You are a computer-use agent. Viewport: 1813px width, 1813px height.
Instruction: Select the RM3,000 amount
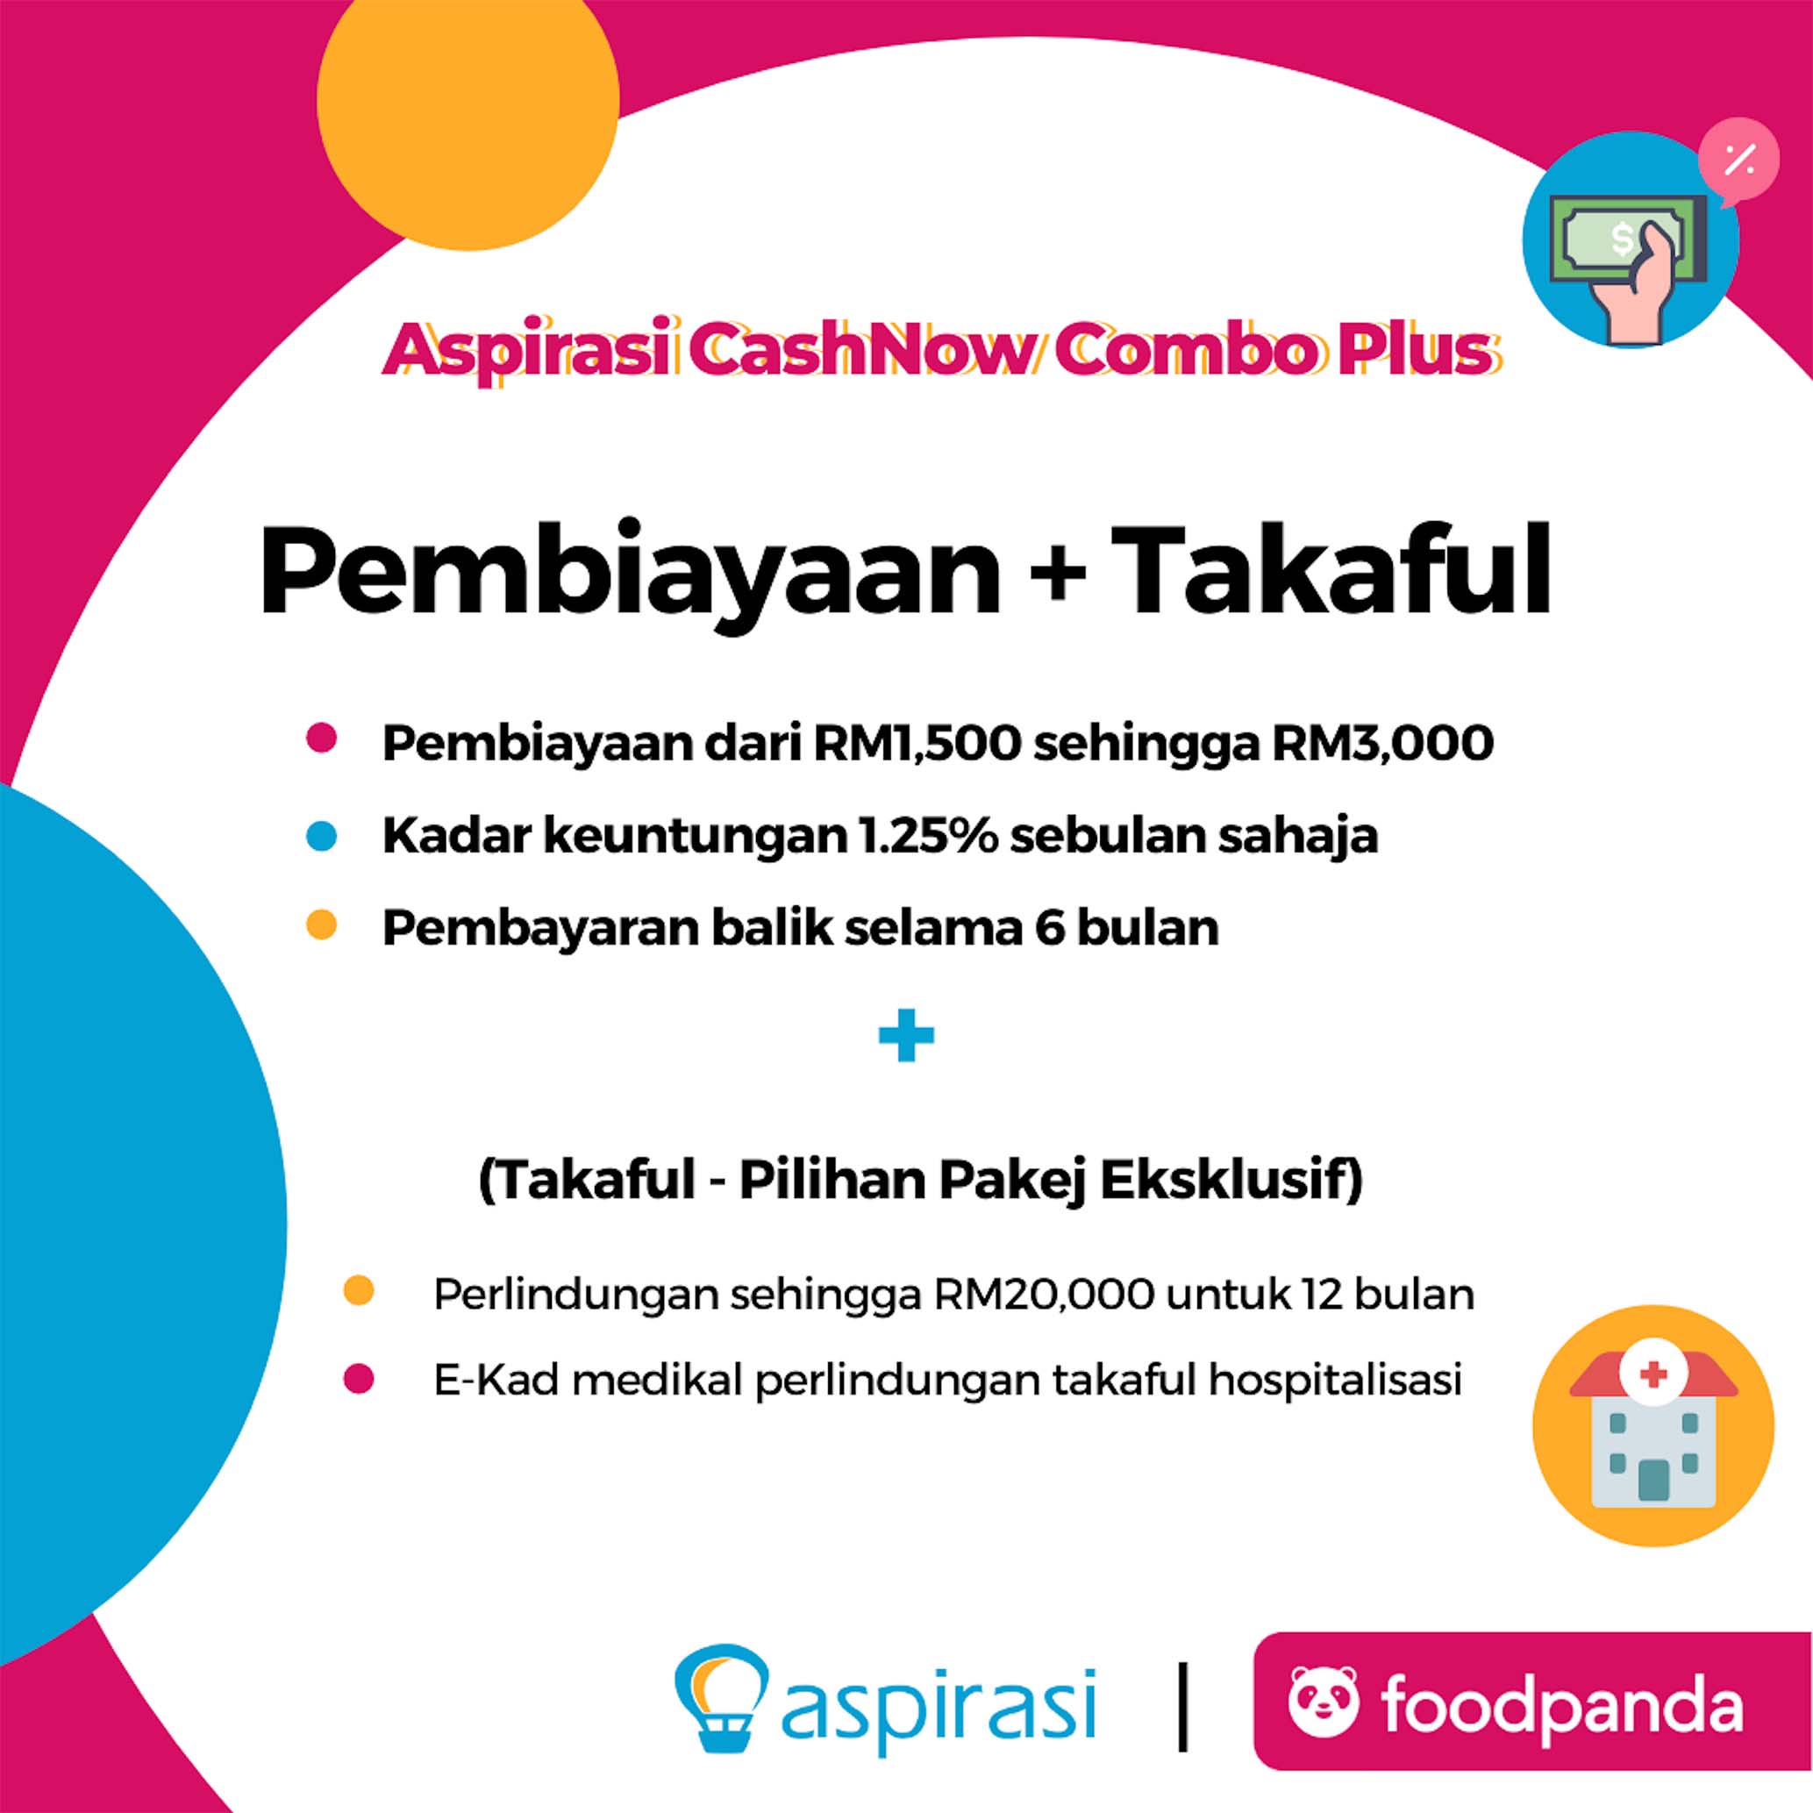(1383, 744)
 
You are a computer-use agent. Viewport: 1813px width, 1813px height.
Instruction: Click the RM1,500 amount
(917, 744)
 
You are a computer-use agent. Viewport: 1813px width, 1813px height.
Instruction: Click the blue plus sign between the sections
(905, 1036)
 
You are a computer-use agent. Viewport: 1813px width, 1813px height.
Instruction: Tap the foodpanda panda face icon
(1324, 1701)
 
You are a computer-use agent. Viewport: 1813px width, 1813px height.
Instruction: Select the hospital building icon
(1653, 1430)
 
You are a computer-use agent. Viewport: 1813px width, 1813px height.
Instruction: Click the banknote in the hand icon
(1626, 238)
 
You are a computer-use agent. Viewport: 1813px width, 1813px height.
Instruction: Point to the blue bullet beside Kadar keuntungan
(321, 836)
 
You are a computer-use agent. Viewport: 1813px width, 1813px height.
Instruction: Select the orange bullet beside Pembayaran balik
(321, 925)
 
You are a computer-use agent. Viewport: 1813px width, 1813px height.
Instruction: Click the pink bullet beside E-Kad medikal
(359, 1380)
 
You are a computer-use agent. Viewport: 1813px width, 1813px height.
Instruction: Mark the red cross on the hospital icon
(1653, 1375)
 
